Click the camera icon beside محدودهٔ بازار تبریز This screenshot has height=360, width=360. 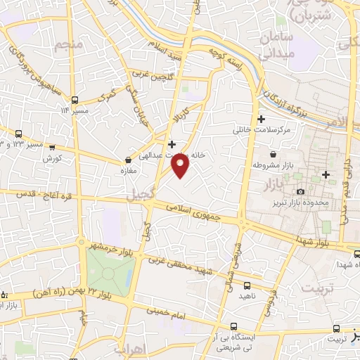tap(301, 192)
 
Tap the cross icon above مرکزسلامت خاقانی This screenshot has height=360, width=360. tap(262, 119)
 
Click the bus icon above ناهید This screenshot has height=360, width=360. tap(247, 285)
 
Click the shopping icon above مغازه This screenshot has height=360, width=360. tap(127, 160)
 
